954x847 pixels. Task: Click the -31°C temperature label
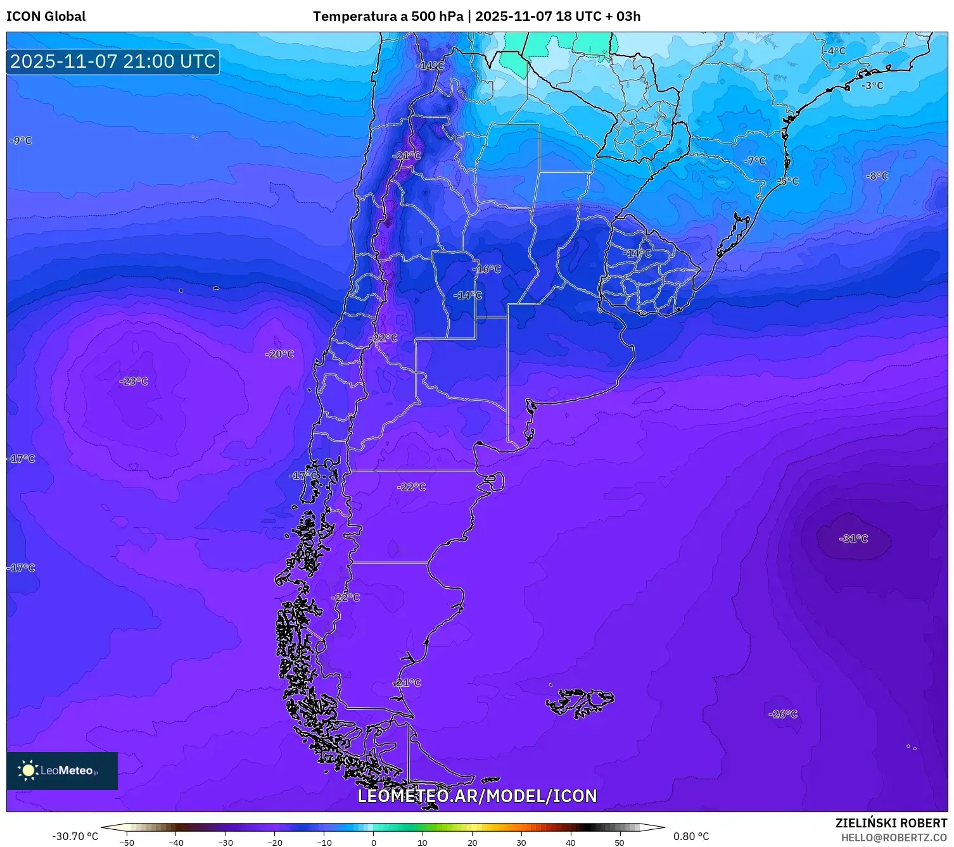tap(853, 539)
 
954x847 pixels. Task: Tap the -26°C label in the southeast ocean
tap(783, 714)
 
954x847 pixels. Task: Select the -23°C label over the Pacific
tap(134, 381)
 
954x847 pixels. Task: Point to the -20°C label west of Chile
tap(279, 354)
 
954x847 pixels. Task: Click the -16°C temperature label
tap(488, 269)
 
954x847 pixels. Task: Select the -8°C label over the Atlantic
tap(877, 176)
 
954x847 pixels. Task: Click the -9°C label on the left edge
tap(21, 141)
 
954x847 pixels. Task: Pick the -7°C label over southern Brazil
tap(754, 161)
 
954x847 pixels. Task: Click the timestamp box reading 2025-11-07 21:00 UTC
tap(113, 61)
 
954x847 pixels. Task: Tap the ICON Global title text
tap(46, 16)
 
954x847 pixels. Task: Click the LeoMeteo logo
tap(61, 770)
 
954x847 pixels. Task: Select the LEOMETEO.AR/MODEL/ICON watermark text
tap(477, 796)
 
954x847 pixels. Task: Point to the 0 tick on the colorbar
tap(373, 842)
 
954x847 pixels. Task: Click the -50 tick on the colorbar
tap(127, 842)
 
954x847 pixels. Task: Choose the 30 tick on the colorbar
tap(521, 842)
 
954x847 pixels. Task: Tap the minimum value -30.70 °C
tap(75, 836)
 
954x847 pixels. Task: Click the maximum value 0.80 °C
tap(691, 836)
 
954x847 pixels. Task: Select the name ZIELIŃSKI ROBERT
tap(891, 823)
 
